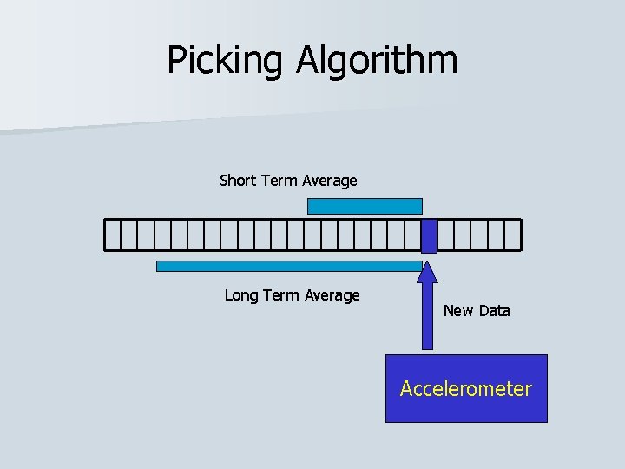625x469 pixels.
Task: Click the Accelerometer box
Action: (466, 388)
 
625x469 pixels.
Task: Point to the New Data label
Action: (477, 310)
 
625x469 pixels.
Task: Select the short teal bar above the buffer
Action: (365, 206)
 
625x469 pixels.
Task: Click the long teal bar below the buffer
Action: (289, 266)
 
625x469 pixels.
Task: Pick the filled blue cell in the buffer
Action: (429, 234)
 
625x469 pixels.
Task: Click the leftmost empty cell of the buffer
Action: (112, 234)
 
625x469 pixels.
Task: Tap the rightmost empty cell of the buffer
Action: (512, 234)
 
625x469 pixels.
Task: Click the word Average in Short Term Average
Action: (329, 181)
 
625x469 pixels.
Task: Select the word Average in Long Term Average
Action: (332, 295)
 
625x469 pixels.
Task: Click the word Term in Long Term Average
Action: (280, 295)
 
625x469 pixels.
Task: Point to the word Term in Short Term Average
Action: (278, 181)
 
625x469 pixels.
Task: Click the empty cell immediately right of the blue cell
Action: (445, 234)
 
